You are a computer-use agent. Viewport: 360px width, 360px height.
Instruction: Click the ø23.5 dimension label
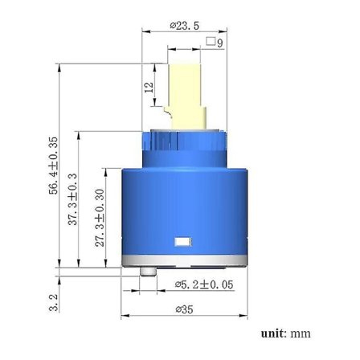[185, 26]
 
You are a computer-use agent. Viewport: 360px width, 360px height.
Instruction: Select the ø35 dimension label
[184, 309]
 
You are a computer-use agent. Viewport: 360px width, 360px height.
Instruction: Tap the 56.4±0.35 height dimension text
[53, 166]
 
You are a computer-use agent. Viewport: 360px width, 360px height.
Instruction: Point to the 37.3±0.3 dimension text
[72, 199]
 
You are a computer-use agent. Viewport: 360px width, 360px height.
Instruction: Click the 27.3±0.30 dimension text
[100, 218]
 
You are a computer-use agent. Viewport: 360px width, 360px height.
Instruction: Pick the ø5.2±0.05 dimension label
[204, 284]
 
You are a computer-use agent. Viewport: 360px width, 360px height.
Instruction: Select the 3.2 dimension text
[54, 302]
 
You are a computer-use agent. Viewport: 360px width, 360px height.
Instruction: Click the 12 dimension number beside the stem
[149, 88]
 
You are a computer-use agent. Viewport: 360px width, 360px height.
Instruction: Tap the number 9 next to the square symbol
[220, 43]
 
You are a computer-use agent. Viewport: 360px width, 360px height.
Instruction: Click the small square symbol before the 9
[211, 41]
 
